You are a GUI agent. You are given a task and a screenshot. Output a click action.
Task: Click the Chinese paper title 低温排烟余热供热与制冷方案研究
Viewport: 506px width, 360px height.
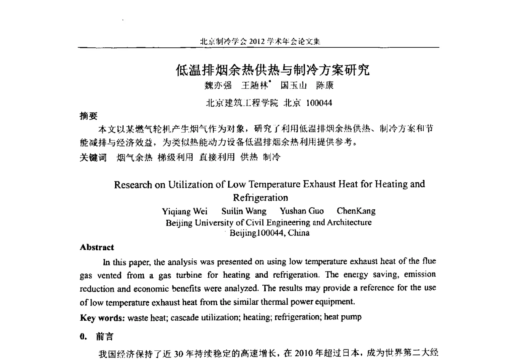pyautogui.click(x=272, y=69)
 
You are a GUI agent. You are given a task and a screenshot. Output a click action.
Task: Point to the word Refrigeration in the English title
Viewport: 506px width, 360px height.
pyautogui.click(x=260, y=198)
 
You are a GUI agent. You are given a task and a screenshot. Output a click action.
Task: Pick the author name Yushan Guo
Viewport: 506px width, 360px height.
pyautogui.click(x=302, y=211)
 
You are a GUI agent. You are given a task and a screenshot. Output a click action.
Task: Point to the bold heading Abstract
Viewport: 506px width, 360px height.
pyautogui.click(x=97, y=248)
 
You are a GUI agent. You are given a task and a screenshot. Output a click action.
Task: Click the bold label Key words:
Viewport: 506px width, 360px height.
pyautogui.click(x=102, y=317)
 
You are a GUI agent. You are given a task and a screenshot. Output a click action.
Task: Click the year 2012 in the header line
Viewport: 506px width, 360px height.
pyautogui.click(x=257, y=41)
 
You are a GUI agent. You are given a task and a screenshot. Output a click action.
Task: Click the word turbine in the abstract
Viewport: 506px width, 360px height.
pyautogui.click(x=192, y=275)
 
